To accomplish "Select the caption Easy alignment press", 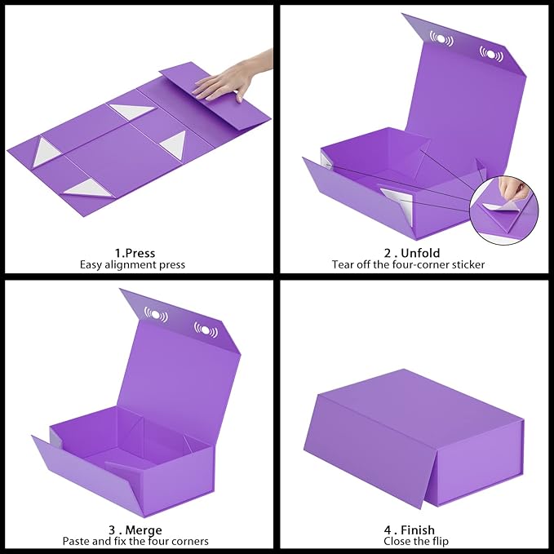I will (132, 264).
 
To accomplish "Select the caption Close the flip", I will (416, 541).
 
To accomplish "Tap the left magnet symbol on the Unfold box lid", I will (441, 38).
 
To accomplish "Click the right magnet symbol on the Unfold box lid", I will (491, 54).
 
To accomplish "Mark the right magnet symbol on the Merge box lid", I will (205, 330).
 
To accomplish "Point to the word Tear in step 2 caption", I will (342, 264).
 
